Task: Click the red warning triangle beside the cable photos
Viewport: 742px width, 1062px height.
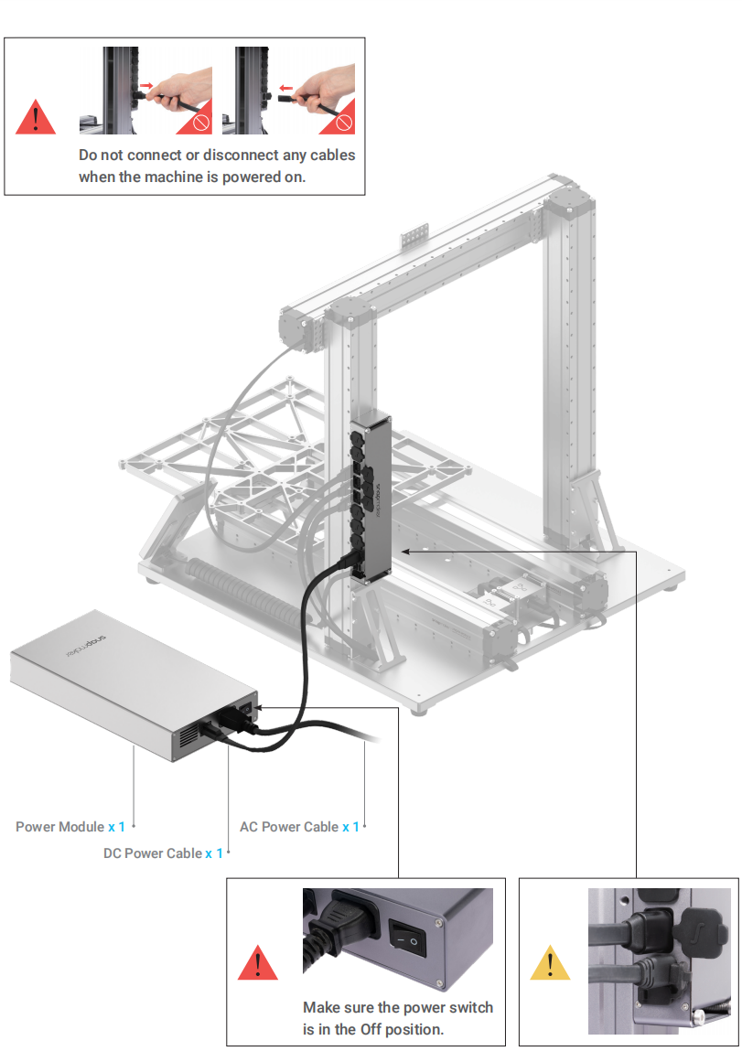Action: point(36,117)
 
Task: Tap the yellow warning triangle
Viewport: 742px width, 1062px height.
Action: point(550,962)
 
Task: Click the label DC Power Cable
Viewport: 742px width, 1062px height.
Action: point(153,853)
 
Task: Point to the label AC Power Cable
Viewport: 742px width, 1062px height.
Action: point(288,827)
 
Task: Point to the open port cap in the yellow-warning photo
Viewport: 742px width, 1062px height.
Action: point(694,918)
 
